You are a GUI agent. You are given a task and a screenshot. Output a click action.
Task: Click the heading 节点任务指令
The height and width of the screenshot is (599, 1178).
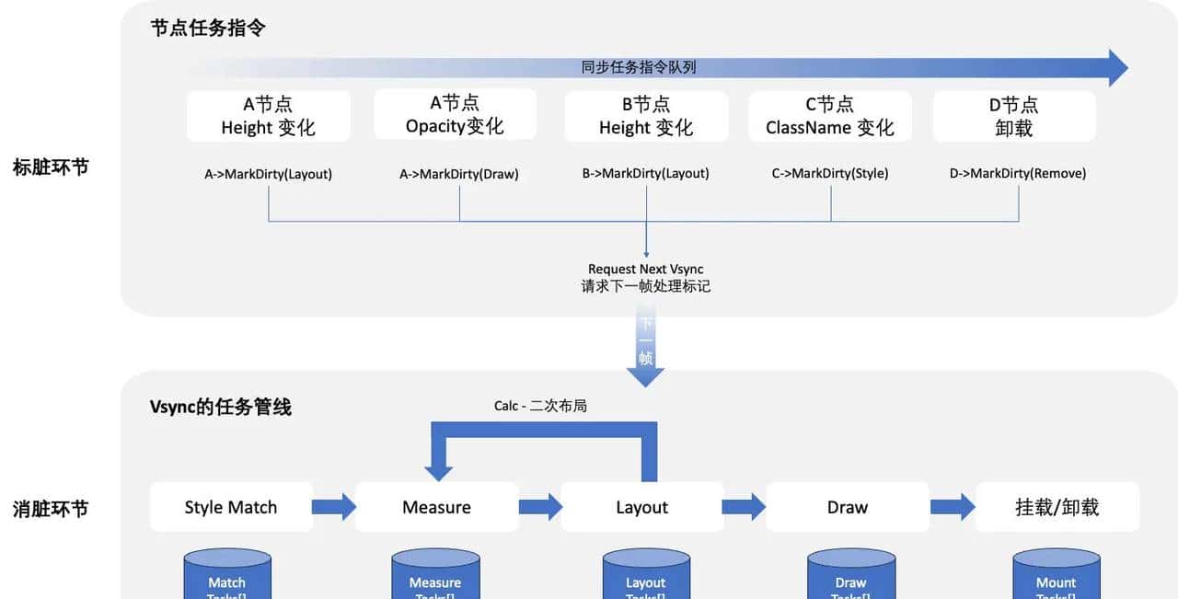point(208,29)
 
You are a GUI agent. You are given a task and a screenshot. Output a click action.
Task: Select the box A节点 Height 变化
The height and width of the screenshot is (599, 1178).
point(268,116)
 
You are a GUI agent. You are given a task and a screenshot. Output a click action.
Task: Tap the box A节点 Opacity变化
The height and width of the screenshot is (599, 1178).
point(455,114)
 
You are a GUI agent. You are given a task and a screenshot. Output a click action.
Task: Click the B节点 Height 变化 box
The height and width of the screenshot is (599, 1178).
point(646,116)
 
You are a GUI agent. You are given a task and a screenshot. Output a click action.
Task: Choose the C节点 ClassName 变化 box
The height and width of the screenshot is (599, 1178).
point(829,116)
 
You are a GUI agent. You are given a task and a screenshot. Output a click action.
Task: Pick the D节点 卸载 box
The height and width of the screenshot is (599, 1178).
point(1013,116)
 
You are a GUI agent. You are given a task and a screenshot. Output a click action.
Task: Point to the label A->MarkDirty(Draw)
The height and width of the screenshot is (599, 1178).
point(458,173)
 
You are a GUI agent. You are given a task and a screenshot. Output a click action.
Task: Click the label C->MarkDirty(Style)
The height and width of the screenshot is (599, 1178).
point(829,173)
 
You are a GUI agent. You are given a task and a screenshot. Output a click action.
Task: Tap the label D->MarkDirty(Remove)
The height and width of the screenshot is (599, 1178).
point(1017,173)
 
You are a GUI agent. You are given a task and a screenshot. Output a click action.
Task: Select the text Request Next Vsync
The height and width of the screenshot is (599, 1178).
point(645,269)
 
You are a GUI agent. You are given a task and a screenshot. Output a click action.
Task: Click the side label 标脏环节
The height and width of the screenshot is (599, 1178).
point(51,167)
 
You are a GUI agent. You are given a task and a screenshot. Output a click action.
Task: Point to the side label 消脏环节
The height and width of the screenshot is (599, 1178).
point(51,509)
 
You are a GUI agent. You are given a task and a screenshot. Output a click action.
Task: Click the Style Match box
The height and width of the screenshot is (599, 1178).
point(231,507)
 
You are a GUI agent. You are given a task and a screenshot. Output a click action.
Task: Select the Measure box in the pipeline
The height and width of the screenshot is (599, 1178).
point(436,507)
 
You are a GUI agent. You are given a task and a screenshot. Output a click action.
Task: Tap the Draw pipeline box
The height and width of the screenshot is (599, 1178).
point(847,507)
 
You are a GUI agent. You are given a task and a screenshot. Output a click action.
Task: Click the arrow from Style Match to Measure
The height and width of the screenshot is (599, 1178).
point(334,507)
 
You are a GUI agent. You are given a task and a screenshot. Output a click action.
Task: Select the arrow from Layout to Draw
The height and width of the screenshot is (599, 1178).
point(744,507)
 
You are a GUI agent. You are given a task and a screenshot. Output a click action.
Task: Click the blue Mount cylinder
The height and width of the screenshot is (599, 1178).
point(1056,576)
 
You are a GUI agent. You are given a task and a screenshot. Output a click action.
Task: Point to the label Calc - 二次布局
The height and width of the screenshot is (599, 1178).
point(540,405)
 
